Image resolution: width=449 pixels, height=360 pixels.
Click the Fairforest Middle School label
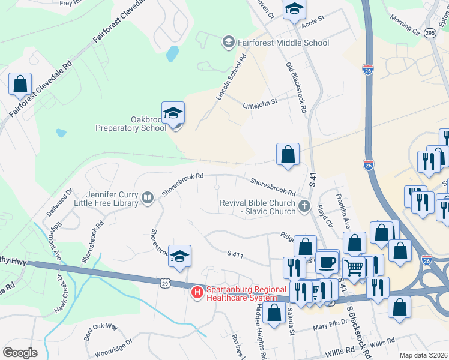click(x=283, y=43)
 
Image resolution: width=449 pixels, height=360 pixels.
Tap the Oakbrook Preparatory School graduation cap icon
click(x=173, y=113)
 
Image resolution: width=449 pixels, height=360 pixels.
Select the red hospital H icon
click(x=196, y=293)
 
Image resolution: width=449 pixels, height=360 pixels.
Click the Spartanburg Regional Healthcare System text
click(x=246, y=293)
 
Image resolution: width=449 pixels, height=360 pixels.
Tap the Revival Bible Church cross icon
click(x=304, y=208)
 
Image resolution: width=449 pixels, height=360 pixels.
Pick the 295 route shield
click(x=429, y=34)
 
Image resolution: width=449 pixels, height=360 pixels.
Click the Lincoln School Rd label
click(x=231, y=79)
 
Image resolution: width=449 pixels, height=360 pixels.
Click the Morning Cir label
click(x=403, y=27)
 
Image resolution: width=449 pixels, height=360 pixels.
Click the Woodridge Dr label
click(x=112, y=343)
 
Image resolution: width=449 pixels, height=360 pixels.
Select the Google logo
click(x=20, y=353)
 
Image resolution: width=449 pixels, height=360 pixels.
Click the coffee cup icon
click(x=327, y=262)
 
